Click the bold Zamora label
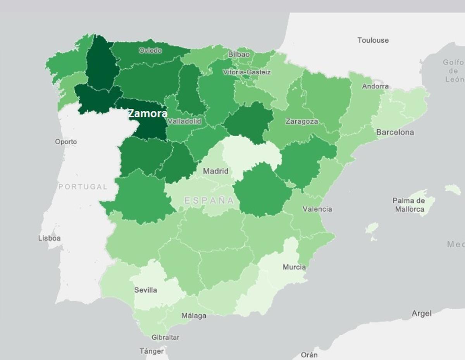pyautogui.click(x=148, y=113)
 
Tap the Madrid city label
pyautogui.click(x=216, y=171)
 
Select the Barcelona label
pyautogui.click(x=395, y=132)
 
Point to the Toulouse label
pyautogui.click(x=373, y=40)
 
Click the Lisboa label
pyautogui.click(x=49, y=238)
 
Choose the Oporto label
pyautogui.click(x=66, y=142)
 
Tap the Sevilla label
pyautogui.click(x=146, y=290)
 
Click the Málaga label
pyautogui.click(x=194, y=316)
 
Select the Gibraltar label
pyautogui.click(x=165, y=338)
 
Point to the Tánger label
pyautogui.click(x=152, y=351)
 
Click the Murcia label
pyautogui.click(x=294, y=267)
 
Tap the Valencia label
pyautogui.click(x=317, y=209)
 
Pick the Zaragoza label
pyautogui.click(x=302, y=122)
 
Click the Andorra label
pyautogui.click(x=375, y=86)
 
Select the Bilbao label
pyautogui.click(x=239, y=55)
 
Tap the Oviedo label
pyautogui.click(x=150, y=50)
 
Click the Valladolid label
pyautogui.click(x=184, y=121)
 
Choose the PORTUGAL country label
pyautogui.click(x=83, y=187)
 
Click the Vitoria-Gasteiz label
pyautogui.click(x=247, y=72)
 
